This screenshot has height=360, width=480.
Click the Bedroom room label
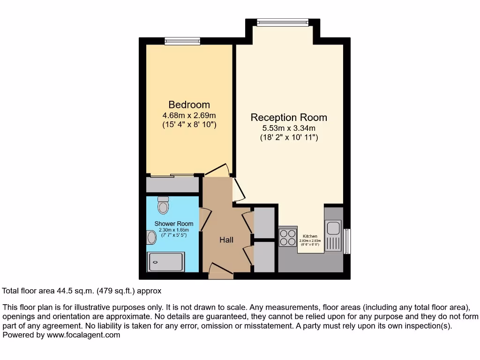[189, 105]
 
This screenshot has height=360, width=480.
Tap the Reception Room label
[289, 117]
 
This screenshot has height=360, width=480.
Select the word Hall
[226, 240]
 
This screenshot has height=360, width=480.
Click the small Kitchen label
[310, 236]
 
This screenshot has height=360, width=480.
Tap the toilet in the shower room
[163, 205]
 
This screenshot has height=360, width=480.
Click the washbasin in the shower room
[151, 238]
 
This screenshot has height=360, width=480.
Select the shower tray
[166, 262]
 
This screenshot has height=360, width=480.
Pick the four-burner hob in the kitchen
[288, 237]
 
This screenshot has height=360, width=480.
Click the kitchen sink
[333, 228]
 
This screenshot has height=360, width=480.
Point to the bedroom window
[182, 41]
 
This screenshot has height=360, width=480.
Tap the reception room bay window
[283, 22]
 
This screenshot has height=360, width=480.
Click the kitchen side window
[347, 241]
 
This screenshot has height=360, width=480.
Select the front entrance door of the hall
[220, 272]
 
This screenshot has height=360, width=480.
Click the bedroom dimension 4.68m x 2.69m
[189, 115]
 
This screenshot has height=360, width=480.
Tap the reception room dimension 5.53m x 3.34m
[289, 128]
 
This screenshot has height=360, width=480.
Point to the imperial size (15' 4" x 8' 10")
[189, 125]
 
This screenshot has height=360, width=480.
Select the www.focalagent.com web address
[83, 335]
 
